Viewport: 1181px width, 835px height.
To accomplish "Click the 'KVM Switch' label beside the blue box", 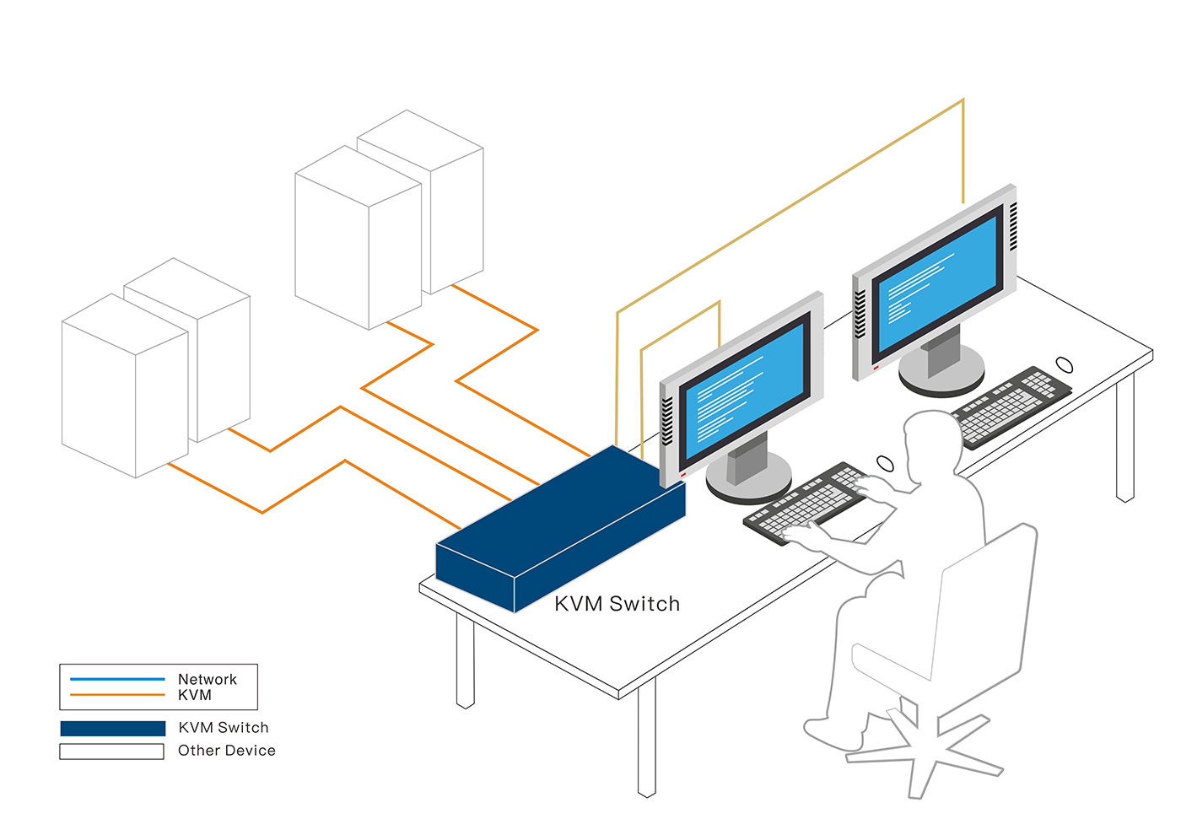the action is click(x=617, y=604).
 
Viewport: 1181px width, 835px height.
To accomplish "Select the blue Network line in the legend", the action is click(x=117, y=679).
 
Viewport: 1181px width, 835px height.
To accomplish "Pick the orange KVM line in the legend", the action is click(x=117, y=695).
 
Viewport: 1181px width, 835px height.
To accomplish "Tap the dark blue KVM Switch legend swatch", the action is click(x=113, y=729).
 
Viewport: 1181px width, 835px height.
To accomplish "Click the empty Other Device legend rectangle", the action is click(x=111, y=751).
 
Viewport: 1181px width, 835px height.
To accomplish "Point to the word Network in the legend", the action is click(x=208, y=679).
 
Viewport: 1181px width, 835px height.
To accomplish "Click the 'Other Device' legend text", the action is click(x=227, y=750).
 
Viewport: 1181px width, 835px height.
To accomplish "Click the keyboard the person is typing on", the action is click(x=806, y=503).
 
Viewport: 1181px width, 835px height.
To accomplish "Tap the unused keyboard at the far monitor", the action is click(x=1010, y=407).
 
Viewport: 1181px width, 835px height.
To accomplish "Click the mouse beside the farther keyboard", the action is click(x=1064, y=364).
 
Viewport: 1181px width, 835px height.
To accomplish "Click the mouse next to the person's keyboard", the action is click(x=885, y=463).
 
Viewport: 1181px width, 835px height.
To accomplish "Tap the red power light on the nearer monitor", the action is click(x=683, y=475).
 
